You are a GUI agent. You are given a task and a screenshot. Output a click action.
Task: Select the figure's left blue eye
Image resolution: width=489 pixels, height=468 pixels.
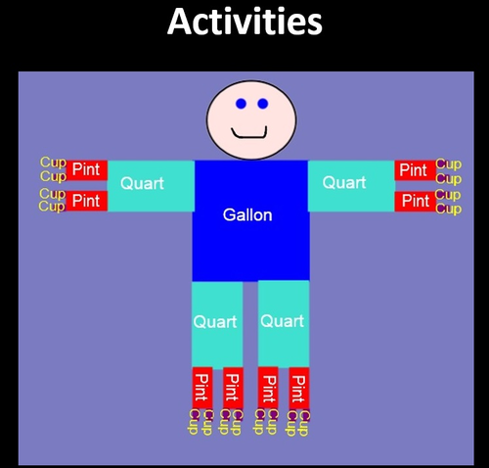point(241,104)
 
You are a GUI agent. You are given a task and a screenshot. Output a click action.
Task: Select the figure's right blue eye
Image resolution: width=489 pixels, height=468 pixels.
point(263,104)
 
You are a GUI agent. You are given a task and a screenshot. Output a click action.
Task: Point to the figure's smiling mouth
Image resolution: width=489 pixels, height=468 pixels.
point(249,132)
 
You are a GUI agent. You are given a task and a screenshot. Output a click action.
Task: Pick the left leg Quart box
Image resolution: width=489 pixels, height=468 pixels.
point(216,322)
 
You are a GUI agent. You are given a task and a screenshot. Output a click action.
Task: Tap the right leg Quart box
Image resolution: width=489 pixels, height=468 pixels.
point(283,322)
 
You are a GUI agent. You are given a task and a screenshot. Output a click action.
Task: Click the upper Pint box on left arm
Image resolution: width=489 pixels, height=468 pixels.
point(86,170)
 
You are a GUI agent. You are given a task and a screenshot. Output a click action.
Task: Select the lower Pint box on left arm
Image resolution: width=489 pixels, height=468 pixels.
point(86,201)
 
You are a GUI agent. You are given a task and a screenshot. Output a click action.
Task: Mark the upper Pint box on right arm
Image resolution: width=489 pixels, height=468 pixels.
point(415,170)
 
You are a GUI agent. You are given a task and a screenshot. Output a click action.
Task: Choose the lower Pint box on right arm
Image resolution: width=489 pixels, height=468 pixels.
point(415,201)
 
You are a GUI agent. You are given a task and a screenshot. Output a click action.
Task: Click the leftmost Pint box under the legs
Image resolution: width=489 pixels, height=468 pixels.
point(202,389)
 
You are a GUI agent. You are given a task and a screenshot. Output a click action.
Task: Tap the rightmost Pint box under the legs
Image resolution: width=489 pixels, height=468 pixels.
point(298,389)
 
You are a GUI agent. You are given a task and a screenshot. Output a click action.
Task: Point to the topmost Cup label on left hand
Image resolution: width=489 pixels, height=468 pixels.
point(53,163)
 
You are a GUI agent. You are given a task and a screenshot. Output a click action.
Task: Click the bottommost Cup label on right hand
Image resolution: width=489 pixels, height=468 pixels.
point(448,209)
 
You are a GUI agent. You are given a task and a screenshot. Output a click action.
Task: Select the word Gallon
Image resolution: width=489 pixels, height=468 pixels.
point(247,215)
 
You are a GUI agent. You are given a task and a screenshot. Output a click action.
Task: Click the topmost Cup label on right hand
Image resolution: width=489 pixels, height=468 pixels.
point(448,164)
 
